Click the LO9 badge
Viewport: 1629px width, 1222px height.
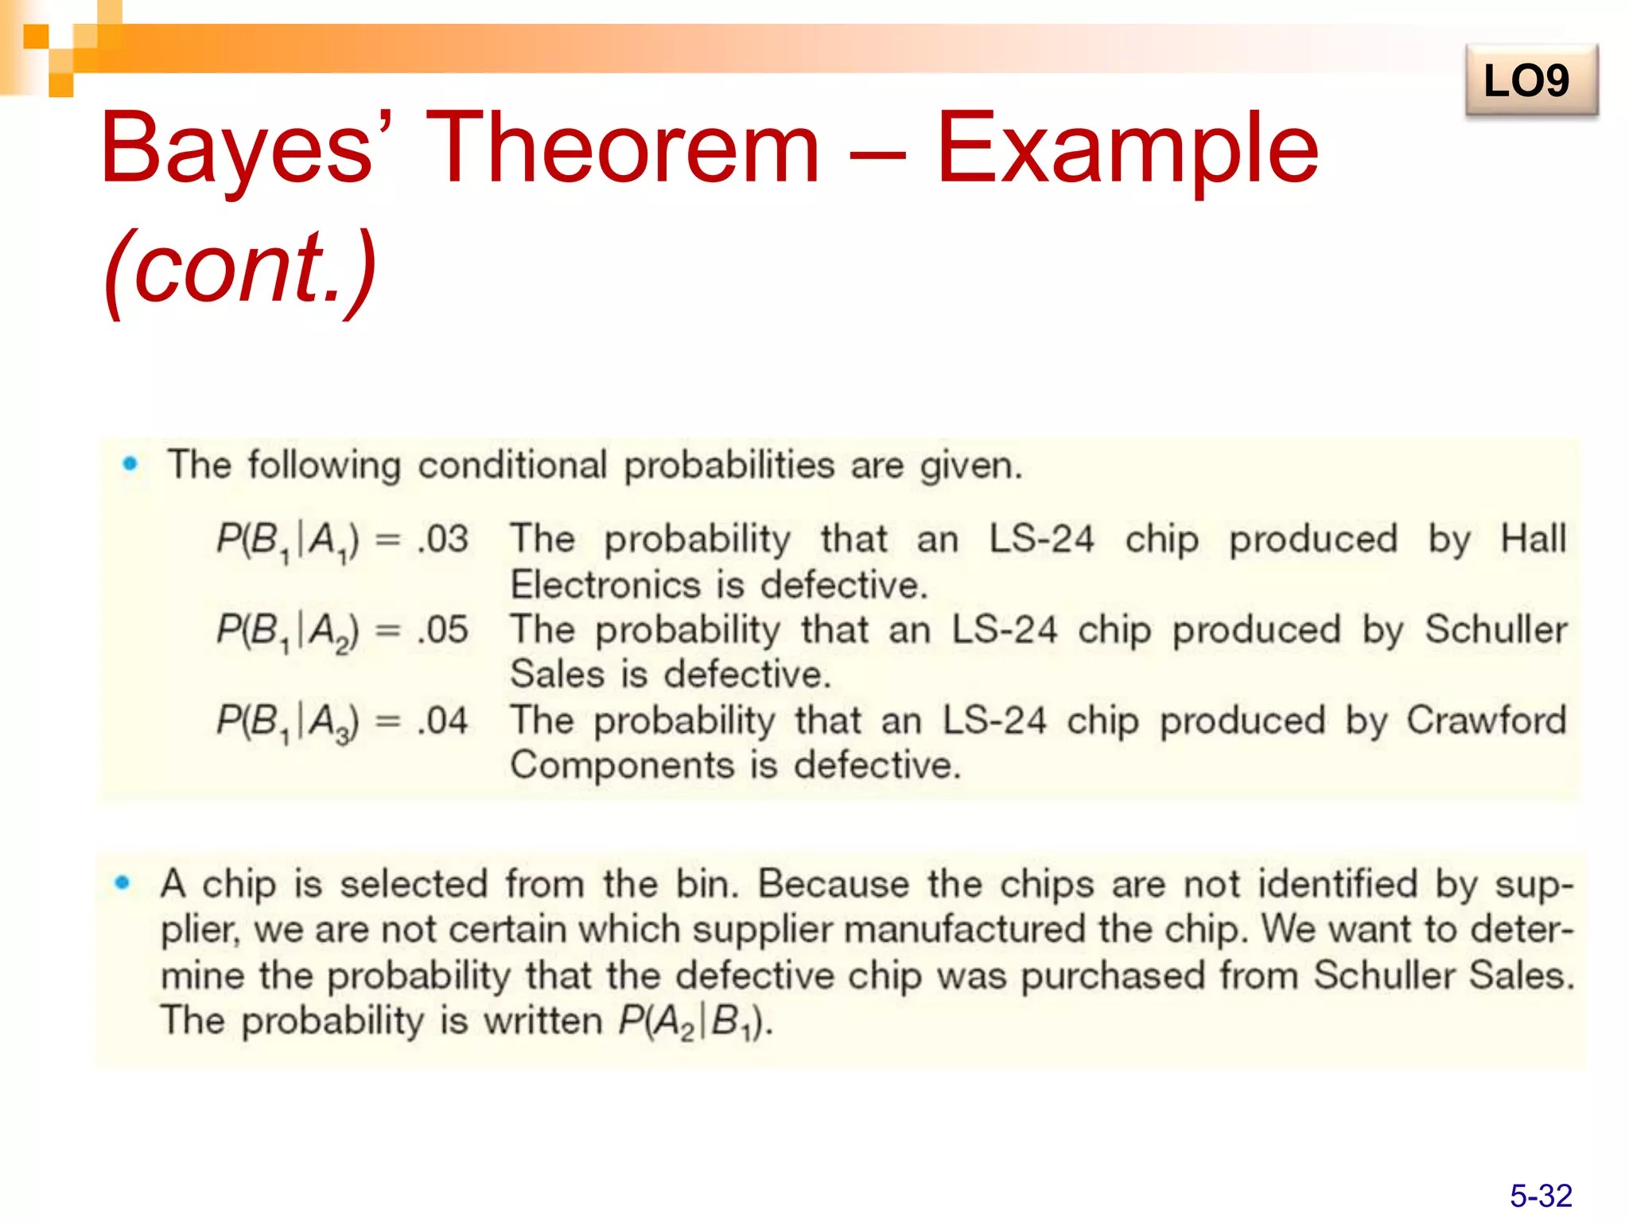pos(1530,80)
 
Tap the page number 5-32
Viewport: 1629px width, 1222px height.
pos(1541,1196)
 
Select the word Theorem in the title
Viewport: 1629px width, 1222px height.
pos(622,149)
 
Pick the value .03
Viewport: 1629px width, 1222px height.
pos(443,539)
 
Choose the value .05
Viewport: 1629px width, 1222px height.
pos(443,630)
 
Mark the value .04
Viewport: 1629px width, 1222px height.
pos(443,721)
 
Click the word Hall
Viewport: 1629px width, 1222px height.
pos(1533,539)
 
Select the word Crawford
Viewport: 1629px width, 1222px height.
pos(1486,720)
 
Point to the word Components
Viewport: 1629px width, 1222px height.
pos(622,765)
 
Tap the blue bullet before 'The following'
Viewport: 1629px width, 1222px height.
pos(130,463)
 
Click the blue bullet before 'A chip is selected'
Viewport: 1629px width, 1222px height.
pos(122,881)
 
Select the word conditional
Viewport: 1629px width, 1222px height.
pos(512,465)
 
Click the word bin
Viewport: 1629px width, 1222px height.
pos(706,884)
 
